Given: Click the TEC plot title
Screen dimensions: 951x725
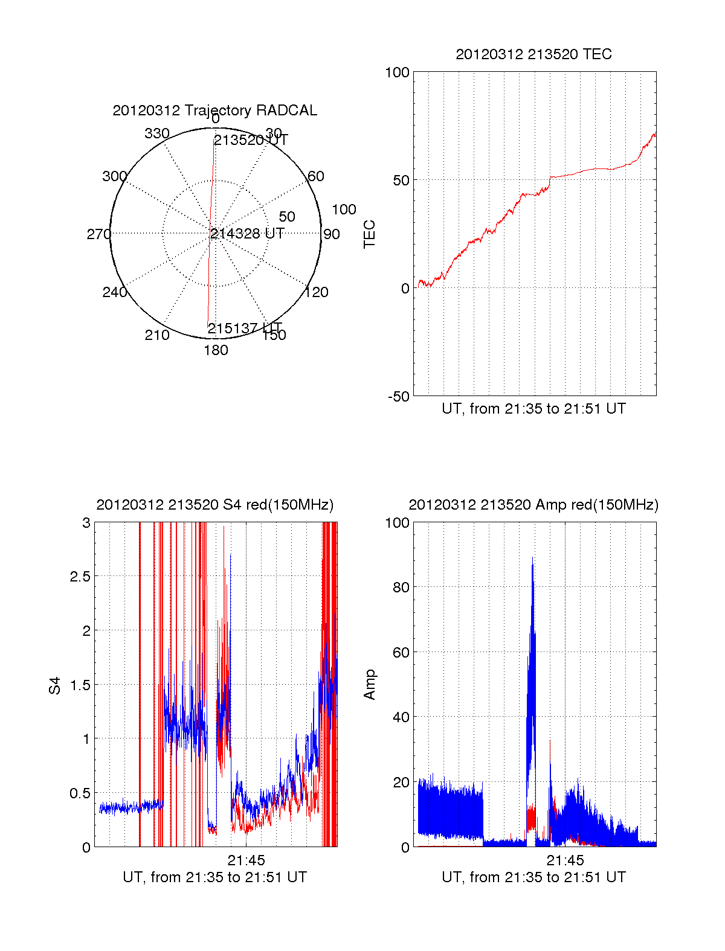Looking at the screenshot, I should coord(533,54).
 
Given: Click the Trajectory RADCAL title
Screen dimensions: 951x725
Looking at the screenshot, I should coord(214,110).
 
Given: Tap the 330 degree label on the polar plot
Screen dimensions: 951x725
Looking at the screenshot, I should coord(157,133).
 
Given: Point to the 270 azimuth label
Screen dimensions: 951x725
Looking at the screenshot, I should coord(98,234).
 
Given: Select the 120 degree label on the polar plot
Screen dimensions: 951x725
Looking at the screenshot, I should coord(317,292).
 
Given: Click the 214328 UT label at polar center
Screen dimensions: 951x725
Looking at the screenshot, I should coord(247,234).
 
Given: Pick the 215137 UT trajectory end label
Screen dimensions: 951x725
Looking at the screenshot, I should coord(245,328).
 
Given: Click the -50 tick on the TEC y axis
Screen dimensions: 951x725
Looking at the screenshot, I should coord(399,397).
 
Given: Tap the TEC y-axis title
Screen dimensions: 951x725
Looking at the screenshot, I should coord(369,234).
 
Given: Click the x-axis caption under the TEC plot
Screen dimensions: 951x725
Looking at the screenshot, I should coord(533,409).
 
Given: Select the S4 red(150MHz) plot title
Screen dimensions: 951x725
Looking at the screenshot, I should coord(214,505).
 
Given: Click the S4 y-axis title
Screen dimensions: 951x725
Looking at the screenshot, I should coord(55,685).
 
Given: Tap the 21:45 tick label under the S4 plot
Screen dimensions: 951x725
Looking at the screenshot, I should coord(246,860).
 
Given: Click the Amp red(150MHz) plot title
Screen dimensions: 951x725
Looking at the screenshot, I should coord(533,505).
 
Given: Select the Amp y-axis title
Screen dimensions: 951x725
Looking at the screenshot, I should coord(369,685).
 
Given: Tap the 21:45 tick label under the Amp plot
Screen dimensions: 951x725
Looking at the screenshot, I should coord(565,860).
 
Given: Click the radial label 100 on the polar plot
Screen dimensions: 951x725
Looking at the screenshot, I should coord(344,210).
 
